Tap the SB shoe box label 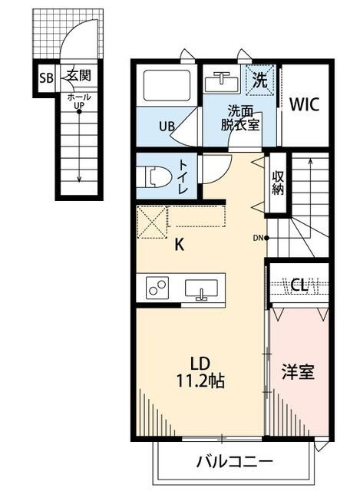pos(46,77)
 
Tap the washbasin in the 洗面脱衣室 pos(223,79)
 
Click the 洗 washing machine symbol pos(259,78)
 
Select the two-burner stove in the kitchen pos(158,288)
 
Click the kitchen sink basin pos(202,288)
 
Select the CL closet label pos(299,285)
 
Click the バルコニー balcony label pos(234,462)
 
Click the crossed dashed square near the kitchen pos(152,224)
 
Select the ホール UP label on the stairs pos(78,102)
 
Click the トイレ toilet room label pos(184,176)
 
